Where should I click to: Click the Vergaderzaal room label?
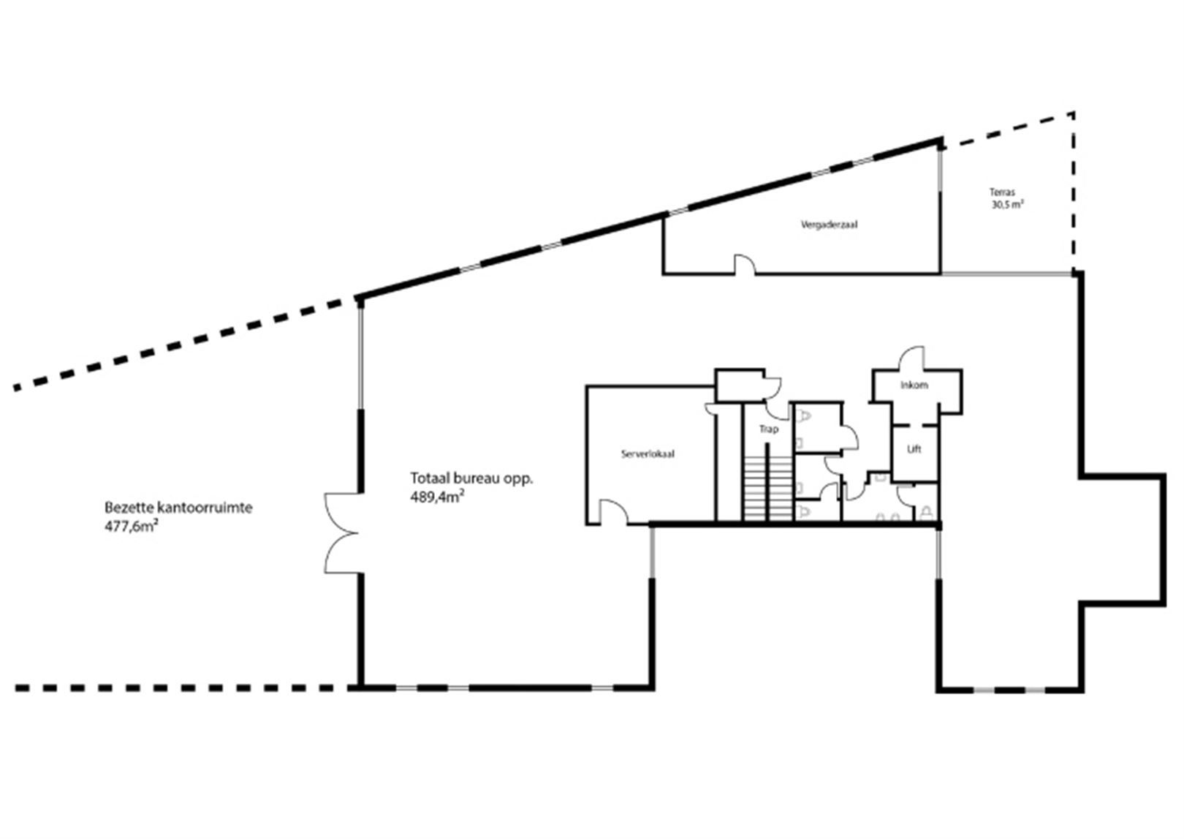829,225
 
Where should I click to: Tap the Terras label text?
1002,192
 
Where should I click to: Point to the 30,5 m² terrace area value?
1007,205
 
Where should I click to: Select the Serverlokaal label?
648,454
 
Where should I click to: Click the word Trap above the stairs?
769,429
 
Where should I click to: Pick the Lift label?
914,449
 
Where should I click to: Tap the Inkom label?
914,385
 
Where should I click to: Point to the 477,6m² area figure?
132,527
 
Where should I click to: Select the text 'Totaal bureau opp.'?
471,478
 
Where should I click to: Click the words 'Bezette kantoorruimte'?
178,508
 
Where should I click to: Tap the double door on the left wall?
342,533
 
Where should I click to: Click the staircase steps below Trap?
768,489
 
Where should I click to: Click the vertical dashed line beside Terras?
1073,192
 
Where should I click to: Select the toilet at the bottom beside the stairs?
804,511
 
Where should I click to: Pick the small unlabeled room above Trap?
740,385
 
